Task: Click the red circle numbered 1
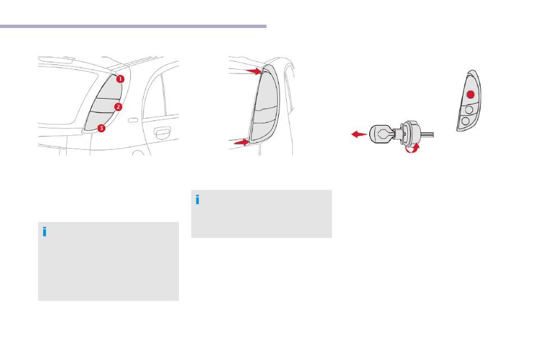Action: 120,79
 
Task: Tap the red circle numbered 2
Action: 118,107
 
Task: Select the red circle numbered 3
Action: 101,128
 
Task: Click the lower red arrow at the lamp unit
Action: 241,142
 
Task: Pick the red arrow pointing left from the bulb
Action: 359,135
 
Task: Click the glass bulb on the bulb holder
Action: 381,134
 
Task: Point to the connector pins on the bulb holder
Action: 428,134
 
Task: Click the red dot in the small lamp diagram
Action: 471,94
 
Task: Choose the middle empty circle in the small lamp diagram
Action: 469,109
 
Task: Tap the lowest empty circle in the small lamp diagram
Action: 466,121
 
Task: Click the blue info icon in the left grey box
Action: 44,232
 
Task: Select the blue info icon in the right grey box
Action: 197,200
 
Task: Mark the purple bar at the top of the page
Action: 134,26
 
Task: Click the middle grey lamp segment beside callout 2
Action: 104,105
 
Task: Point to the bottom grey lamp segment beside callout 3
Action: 97,120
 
